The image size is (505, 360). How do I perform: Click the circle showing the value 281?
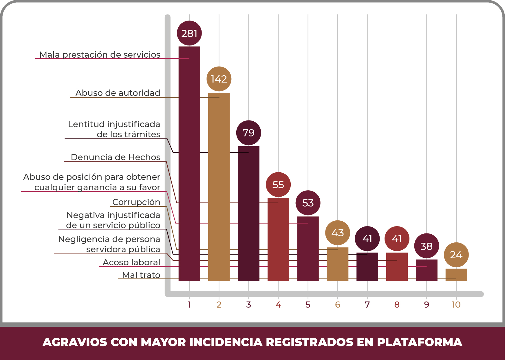tap(189, 33)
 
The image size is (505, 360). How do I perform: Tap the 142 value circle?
tap(219, 79)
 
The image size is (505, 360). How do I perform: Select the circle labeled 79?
tap(248, 133)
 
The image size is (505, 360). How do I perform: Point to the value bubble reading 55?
tap(278, 184)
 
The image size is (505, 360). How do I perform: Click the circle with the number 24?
tap(456, 255)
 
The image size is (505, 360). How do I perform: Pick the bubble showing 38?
tap(427, 246)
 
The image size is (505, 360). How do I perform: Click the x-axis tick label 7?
tap(367, 305)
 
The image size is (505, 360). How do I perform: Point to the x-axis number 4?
tap(278, 305)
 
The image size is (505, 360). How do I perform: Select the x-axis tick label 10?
tap(456, 305)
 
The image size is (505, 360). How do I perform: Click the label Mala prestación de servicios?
tap(100, 54)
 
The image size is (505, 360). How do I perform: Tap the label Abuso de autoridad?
tap(118, 93)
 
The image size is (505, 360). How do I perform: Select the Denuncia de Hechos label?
tap(116, 157)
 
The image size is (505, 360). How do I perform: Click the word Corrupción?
tap(136, 202)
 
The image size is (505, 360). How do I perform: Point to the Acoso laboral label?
tap(131, 262)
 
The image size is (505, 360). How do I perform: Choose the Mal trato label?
tap(141, 275)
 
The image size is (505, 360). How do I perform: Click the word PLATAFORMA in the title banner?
tap(419, 342)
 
